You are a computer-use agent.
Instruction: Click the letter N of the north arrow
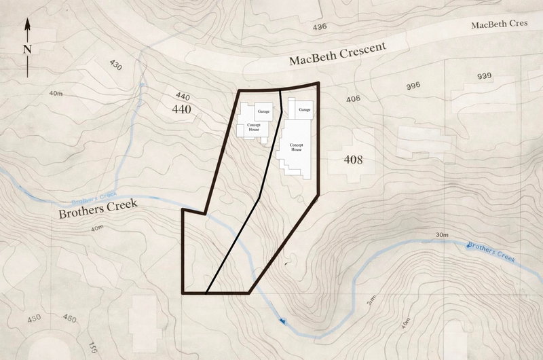click(x=27, y=49)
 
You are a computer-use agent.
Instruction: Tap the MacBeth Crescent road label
click(x=337, y=54)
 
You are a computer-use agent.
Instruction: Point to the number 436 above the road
click(x=319, y=26)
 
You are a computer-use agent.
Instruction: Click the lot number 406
click(x=353, y=99)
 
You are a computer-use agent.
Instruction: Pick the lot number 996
click(x=412, y=86)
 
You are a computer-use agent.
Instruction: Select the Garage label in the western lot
click(x=264, y=110)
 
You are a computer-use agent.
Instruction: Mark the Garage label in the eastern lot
click(x=303, y=109)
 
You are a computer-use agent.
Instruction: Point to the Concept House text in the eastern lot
click(x=296, y=147)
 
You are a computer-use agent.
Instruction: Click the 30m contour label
click(x=443, y=235)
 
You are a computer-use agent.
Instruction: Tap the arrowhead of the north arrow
click(x=27, y=23)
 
